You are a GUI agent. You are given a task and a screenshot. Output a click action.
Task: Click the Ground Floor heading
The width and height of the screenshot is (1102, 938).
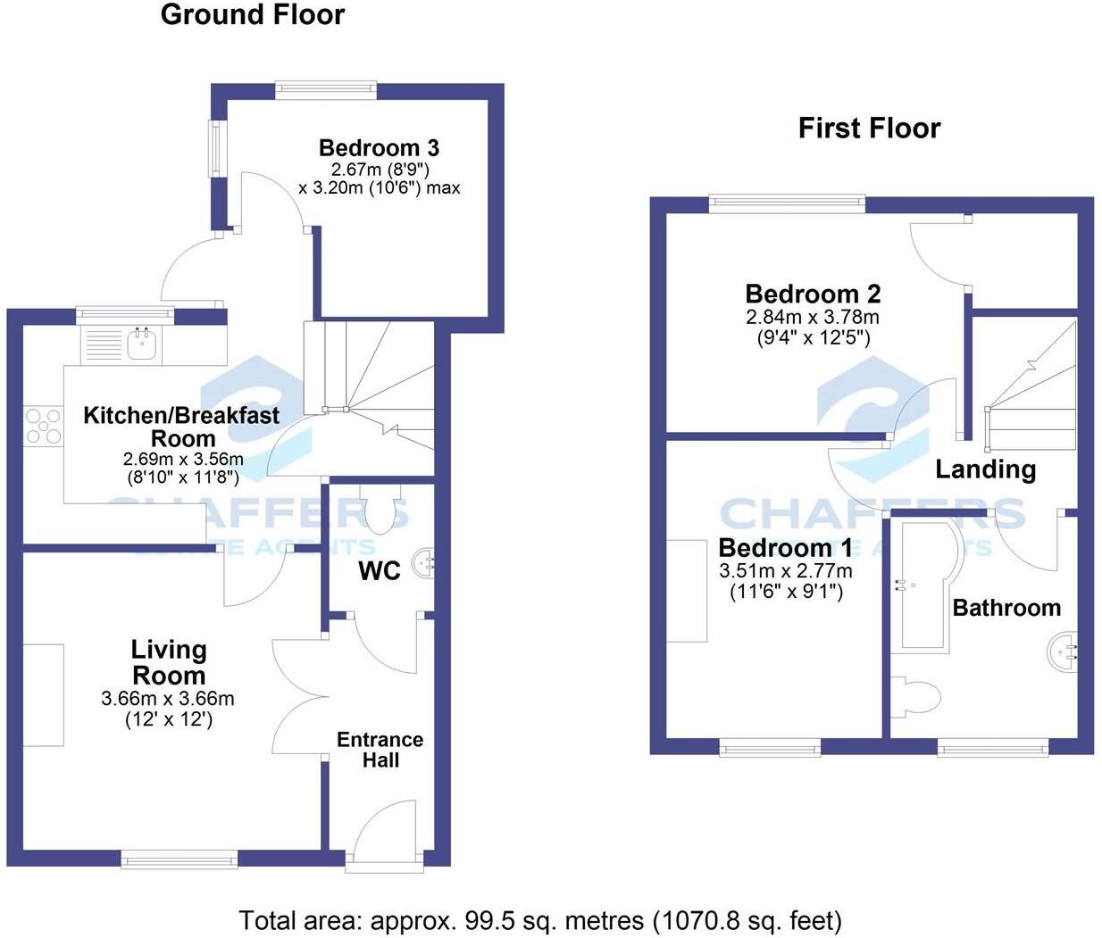pyautogui.click(x=252, y=15)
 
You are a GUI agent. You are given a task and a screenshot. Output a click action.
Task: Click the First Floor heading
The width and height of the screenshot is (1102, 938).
pyautogui.click(x=869, y=129)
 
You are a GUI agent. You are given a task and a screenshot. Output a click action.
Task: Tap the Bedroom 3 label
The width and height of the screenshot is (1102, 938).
pyautogui.click(x=379, y=148)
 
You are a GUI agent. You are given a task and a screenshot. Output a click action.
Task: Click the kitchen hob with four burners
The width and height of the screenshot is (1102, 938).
pyautogui.click(x=43, y=425)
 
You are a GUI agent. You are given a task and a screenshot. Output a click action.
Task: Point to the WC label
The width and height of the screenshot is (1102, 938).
pyautogui.click(x=380, y=571)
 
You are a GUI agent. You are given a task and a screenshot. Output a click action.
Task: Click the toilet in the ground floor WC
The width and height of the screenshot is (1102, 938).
pyautogui.click(x=381, y=510)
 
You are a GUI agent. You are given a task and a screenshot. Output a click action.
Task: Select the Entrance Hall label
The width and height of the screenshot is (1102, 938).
pyautogui.click(x=380, y=750)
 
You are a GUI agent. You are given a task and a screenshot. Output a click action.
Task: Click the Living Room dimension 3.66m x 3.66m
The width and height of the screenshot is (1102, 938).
pyautogui.click(x=168, y=699)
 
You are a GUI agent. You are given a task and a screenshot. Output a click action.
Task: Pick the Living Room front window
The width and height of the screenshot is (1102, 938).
pyautogui.click(x=179, y=860)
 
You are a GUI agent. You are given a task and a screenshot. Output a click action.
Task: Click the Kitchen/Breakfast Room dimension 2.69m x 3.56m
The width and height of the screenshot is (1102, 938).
pyautogui.click(x=183, y=460)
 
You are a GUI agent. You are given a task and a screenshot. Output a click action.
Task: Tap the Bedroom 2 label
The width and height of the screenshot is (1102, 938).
pyautogui.click(x=813, y=294)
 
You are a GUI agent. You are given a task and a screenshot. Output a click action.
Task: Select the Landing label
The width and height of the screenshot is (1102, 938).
pyautogui.click(x=985, y=469)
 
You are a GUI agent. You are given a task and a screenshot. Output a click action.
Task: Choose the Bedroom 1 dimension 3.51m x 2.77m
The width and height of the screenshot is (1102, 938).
pyautogui.click(x=785, y=570)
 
